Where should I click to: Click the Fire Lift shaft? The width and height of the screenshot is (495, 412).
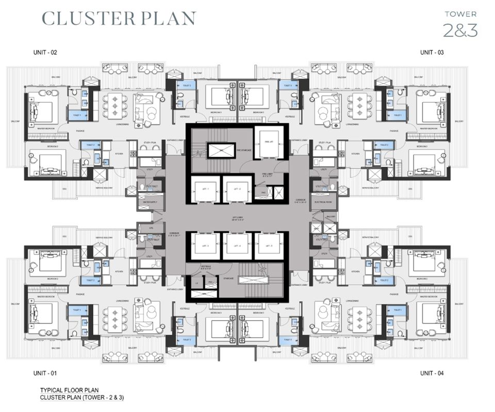(x=269, y=141)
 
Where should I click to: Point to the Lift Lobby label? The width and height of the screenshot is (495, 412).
(x=237, y=218)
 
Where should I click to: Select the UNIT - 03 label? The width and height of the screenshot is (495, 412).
(x=432, y=53)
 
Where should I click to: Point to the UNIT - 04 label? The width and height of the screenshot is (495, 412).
(x=432, y=373)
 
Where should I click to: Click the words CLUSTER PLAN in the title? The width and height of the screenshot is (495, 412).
(x=119, y=18)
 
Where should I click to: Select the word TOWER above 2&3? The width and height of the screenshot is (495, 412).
(x=460, y=14)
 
